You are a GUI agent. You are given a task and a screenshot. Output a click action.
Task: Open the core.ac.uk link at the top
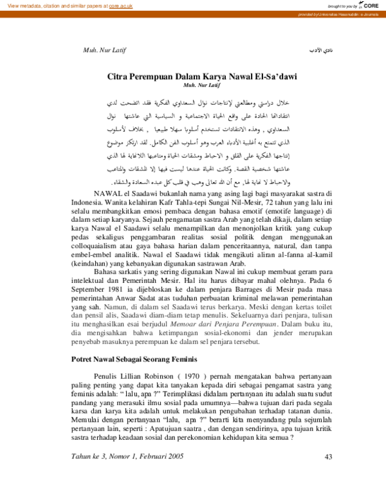[x=120, y=5]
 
